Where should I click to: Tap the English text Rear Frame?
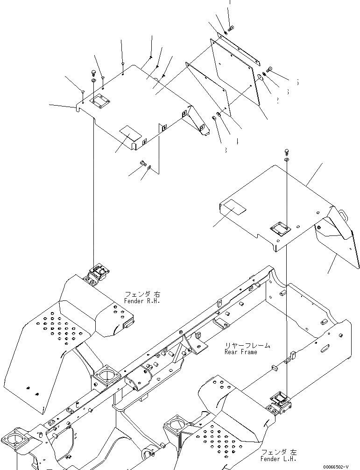point(240,351)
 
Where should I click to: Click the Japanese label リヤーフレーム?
point(247,345)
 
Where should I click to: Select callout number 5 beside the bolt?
point(297,83)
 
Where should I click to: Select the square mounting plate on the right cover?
point(279,230)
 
